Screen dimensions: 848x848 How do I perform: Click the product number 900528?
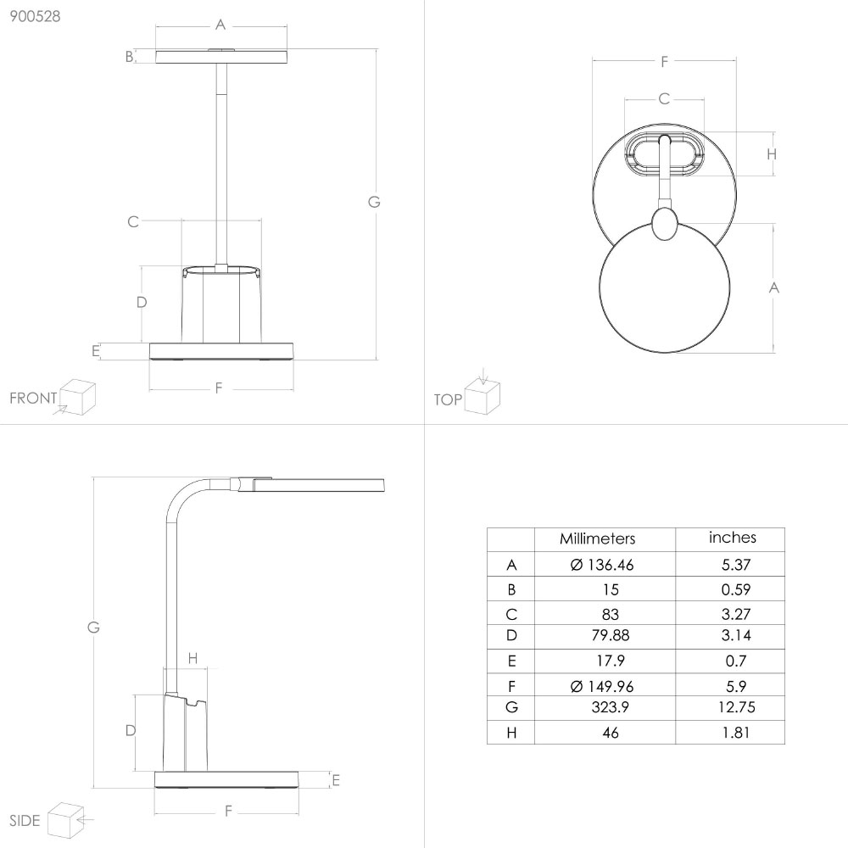(35, 16)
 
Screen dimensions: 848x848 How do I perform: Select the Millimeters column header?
(597, 538)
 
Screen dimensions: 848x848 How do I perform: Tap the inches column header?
(733, 537)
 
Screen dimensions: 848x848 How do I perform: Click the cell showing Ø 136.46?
(601, 565)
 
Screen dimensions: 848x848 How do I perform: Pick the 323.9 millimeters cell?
(610, 707)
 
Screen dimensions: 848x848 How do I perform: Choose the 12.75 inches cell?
(737, 707)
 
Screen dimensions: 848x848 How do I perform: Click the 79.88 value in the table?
(610, 635)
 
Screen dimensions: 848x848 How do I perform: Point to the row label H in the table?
(511, 733)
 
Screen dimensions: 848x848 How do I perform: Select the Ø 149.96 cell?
(601, 686)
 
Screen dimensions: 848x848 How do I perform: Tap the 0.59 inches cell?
(735, 589)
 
